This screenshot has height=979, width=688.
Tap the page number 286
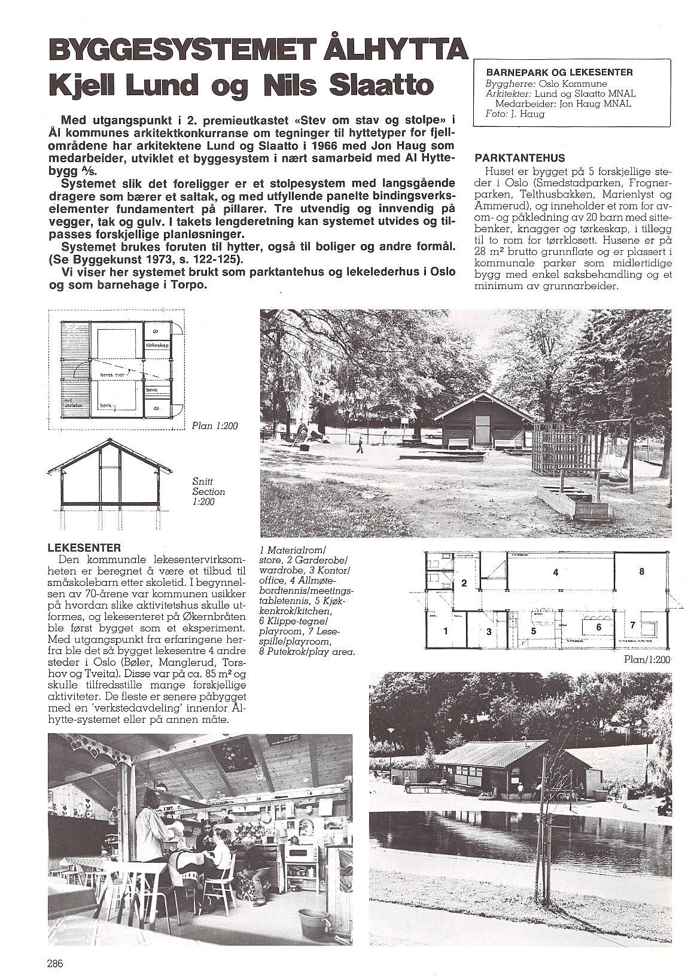[55, 963]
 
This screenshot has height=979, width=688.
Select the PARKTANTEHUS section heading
[519, 159]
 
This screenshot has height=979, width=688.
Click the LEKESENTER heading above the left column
[84, 548]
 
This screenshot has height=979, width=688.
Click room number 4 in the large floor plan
[555, 572]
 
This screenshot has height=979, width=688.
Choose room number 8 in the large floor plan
[641, 571]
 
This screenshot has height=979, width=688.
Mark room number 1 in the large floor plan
[445, 630]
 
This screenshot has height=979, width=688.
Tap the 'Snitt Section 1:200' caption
[208, 491]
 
